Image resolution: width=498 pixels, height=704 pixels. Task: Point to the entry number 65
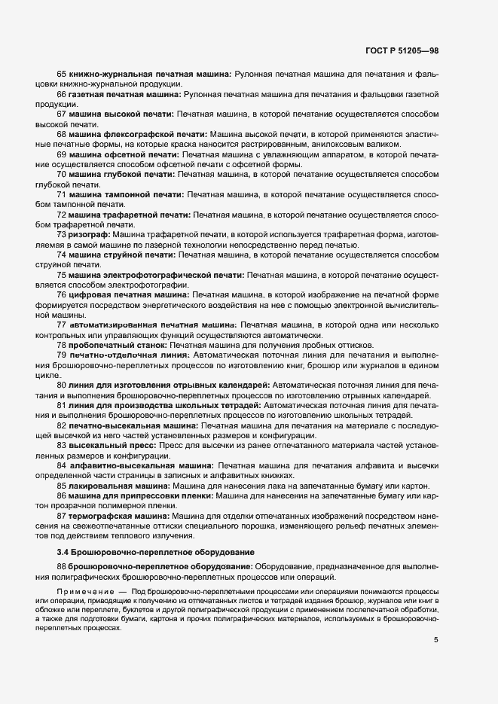point(62,75)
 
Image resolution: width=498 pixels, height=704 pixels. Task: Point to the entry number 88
point(62,565)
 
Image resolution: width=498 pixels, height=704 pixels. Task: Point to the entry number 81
point(62,405)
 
